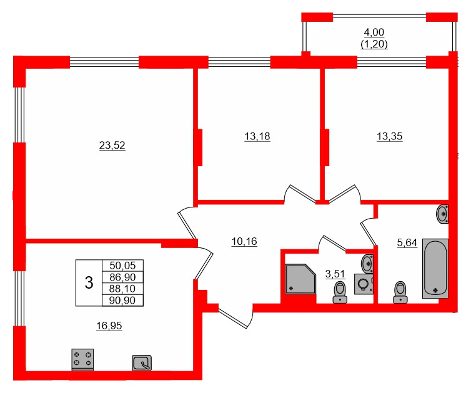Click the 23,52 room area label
click(112, 146)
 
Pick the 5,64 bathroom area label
click(407, 242)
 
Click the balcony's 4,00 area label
click(374, 33)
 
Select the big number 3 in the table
click(89, 283)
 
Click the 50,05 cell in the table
click(122, 266)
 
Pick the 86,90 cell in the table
click(122, 277)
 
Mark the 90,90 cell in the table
click(122, 301)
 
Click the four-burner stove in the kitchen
click(82, 360)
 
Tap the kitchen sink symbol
click(142, 362)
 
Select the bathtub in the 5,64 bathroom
click(435, 268)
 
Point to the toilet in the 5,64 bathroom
click(400, 292)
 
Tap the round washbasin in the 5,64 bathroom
click(444, 214)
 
